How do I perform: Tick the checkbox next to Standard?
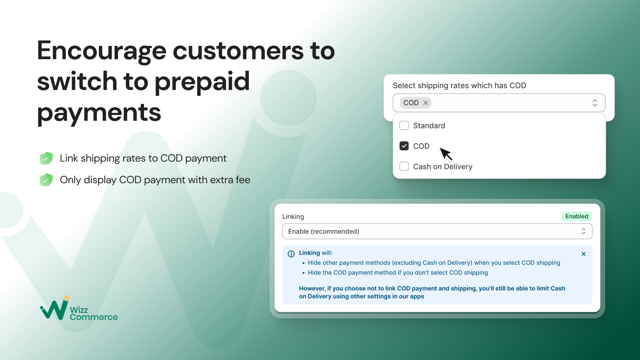(x=404, y=126)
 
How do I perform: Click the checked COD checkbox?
(x=404, y=146)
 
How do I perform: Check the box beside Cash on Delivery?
(x=404, y=166)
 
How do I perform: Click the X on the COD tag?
(x=426, y=103)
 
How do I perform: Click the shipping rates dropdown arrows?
(x=595, y=103)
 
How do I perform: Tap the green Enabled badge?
(x=576, y=216)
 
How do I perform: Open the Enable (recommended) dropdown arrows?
(x=584, y=231)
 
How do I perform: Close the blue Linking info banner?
(x=584, y=254)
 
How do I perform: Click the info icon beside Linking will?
(x=291, y=254)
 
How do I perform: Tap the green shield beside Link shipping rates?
(x=46, y=158)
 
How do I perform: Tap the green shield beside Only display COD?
(x=46, y=180)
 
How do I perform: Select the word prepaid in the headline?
(x=202, y=82)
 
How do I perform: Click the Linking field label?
(x=293, y=216)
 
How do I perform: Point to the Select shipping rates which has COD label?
(x=459, y=86)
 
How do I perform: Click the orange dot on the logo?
(x=67, y=298)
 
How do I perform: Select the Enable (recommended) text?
(x=324, y=231)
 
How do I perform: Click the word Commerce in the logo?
(x=94, y=317)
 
